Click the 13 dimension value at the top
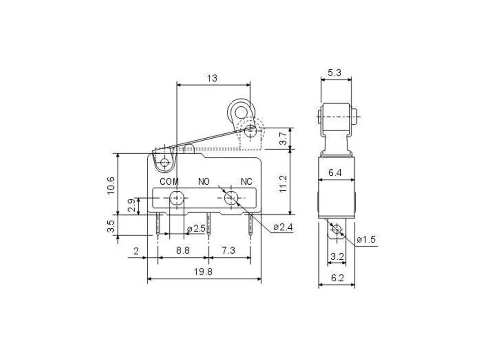click(x=212, y=78)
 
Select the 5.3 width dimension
click(x=334, y=73)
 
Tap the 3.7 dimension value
click(x=284, y=138)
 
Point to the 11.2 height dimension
click(x=283, y=183)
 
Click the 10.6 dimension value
click(x=111, y=185)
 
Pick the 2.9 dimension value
click(x=132, y=206)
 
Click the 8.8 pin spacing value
click(x=183, y=250)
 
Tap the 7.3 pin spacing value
click(x=228, y=250)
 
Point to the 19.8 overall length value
click(x=203, y=271)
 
